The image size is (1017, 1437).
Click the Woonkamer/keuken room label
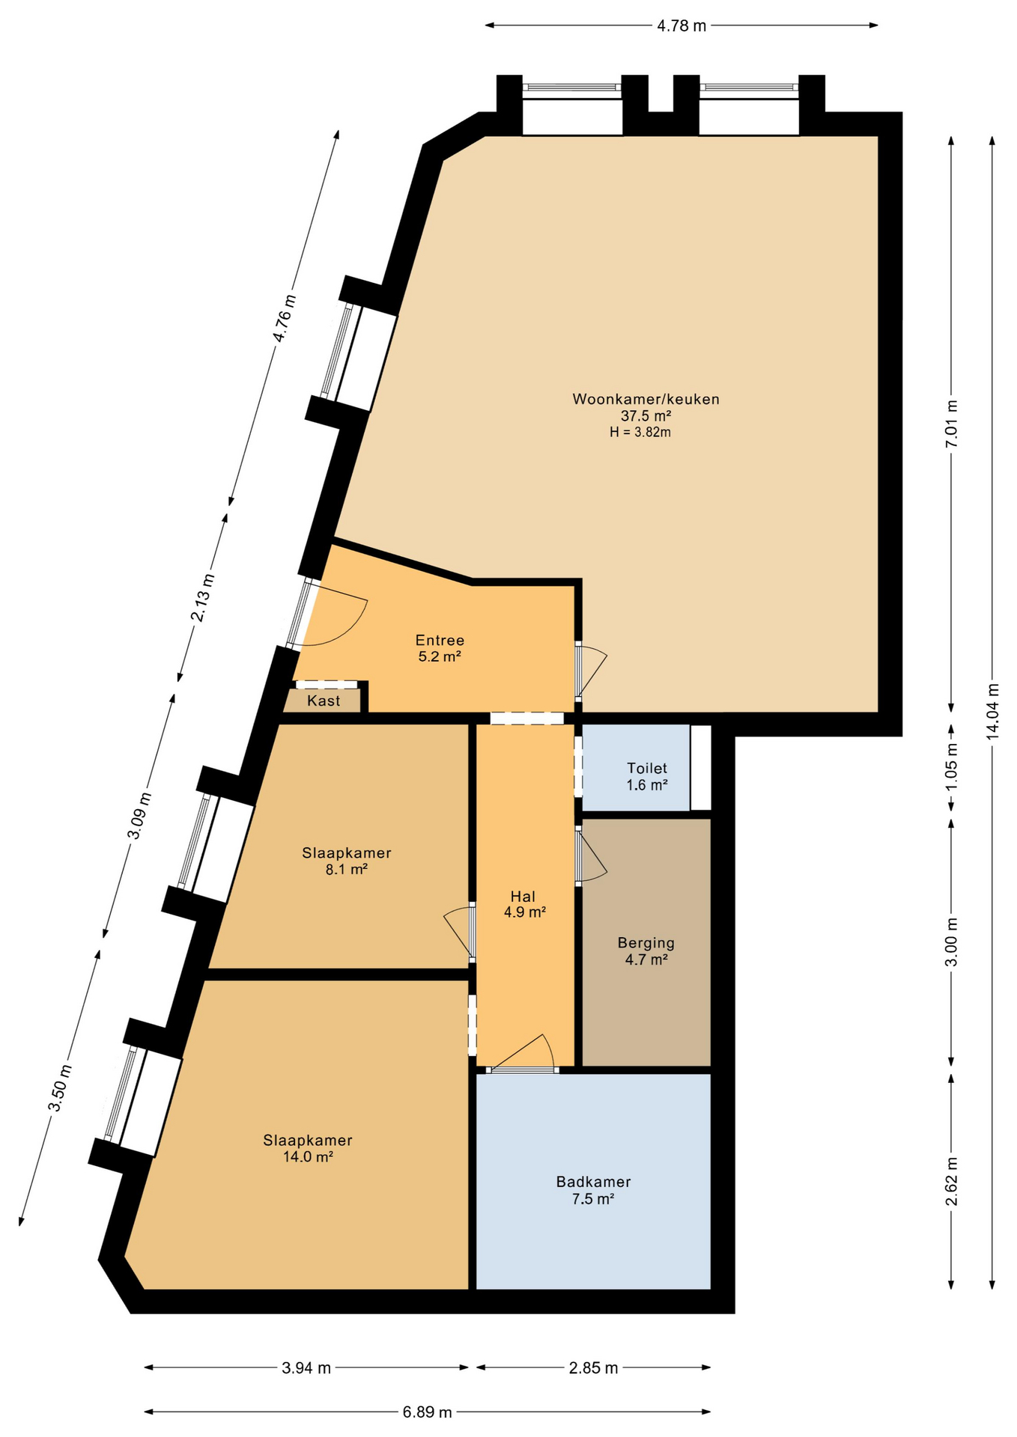click(x=646, y=400)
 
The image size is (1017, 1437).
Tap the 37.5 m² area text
click(x=646, y=416)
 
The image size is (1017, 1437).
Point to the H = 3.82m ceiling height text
click(x=640, y=432)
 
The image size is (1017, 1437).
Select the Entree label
click(x=440, y=641)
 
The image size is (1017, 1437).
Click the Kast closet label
click(x=324, y=701)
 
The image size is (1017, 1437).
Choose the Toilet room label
click(x=647, y=769)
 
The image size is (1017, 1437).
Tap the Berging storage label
click(x=646, y=943)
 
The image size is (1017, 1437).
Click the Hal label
click(x=523, y=897)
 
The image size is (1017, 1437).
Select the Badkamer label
click(x=593, y=1182)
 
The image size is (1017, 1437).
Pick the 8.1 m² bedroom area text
click(x=346, y=870)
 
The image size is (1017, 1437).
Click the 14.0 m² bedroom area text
click(x=307, y=1156)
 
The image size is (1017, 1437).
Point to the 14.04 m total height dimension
click(x=993, y=712)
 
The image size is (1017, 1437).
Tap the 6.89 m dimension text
click(x=428, y=1412)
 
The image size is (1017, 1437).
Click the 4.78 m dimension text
click(x=681, y=26)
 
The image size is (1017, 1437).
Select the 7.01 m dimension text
click(x=952, y=424)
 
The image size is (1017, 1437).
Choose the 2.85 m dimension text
click(x=593, y=1368)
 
